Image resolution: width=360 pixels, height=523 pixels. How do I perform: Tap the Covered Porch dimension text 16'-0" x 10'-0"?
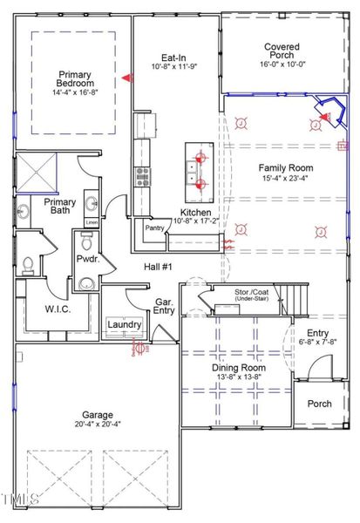pos(281,64)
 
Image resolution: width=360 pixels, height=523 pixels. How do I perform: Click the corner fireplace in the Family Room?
pos(329,112)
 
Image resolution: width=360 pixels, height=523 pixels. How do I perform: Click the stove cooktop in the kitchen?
pos(141,176)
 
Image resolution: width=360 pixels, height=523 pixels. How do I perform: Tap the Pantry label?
pos(155,228)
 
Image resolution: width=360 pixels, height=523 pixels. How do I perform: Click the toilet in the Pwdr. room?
pos(27,262)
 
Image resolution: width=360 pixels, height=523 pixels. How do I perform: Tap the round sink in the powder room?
pos(86,283)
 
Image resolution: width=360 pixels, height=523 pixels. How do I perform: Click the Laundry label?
pos(125,325)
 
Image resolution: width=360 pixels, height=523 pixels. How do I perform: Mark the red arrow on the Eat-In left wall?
pos(126,78)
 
